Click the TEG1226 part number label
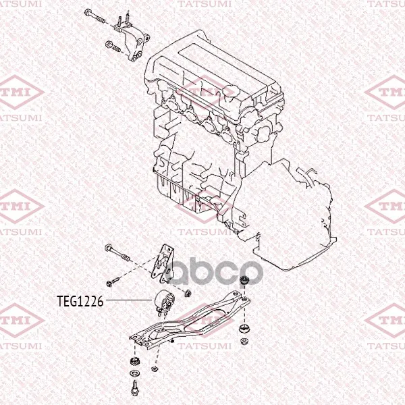(x=80, y=301)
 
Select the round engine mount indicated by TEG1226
(x=164, y=302)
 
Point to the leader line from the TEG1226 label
(x=129, y=300)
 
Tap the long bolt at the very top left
(x=95, y=16)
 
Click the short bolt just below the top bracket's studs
(x=113, y=46)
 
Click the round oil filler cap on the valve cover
(x=229, y=90)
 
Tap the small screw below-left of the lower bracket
(x=113, y=281)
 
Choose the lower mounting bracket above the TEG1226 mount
(x=163, y=264)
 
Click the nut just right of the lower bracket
(x=187, y=293)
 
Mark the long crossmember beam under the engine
(x=190, y=319)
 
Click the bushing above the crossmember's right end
(x=244, y=280)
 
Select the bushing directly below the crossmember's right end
(x=244, y=329)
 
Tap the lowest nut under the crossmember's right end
(x=244, y=341)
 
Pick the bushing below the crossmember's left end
(x=134, y=361)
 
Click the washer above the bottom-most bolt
(x=134, y=373)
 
